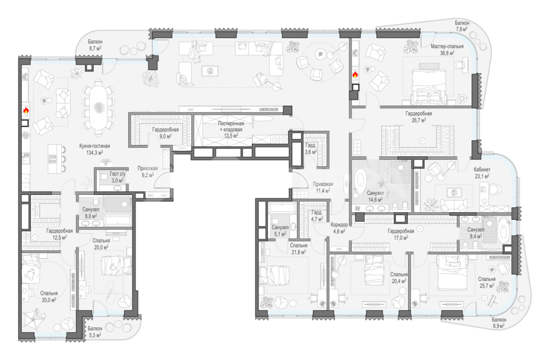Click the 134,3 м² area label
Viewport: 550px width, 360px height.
tap(94, 153)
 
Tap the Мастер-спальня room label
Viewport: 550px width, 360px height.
tap(447, 46)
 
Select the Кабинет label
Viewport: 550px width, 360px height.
tap(482, 169)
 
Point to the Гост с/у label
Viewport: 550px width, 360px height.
tap(117, 173)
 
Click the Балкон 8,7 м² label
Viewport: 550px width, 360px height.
tap(95, 45)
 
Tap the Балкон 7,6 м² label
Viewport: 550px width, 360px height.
tap(462, 26)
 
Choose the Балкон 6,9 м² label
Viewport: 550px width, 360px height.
tap(498, 323)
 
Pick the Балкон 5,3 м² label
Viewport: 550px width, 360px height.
tap(95, 332)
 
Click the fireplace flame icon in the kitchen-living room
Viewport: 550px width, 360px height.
tap(26, 110)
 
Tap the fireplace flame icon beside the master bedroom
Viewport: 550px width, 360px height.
tap(355, 74)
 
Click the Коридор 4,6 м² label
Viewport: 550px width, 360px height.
tap(339, 228)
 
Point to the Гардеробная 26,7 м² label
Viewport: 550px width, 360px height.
tap(419, 117)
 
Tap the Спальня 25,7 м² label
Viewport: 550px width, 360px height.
tap(486, 282)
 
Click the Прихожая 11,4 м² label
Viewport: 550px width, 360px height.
tap(323, 187)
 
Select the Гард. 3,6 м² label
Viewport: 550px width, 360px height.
tap(311, 149)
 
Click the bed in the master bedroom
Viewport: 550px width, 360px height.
tap(429, 86)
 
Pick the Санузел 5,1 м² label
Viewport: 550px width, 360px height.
tap(280, 231)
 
